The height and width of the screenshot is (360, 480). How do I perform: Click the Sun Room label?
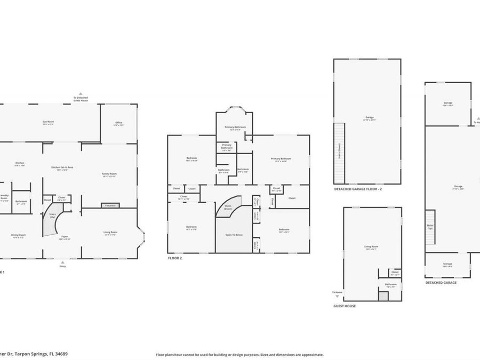pos(49,123)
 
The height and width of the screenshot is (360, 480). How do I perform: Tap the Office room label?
pos(118,124)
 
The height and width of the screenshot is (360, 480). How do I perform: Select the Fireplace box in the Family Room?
pos(110,205)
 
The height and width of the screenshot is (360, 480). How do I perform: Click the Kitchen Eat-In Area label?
pos(62,168)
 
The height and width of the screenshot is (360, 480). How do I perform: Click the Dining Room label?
pos(19,236)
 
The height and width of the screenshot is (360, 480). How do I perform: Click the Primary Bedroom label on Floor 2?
pos(281,159)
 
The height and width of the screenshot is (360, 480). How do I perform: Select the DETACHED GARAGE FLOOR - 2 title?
pos(358,189)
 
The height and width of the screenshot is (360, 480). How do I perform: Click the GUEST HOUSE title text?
pos(345,306)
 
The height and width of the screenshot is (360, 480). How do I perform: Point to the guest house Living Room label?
pos(371,247)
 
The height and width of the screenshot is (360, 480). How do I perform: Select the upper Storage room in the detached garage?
pos(447,104)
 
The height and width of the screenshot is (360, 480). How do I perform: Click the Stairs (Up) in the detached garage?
pos(430,227)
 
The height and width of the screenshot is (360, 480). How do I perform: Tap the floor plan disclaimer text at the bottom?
pos(239,354)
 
